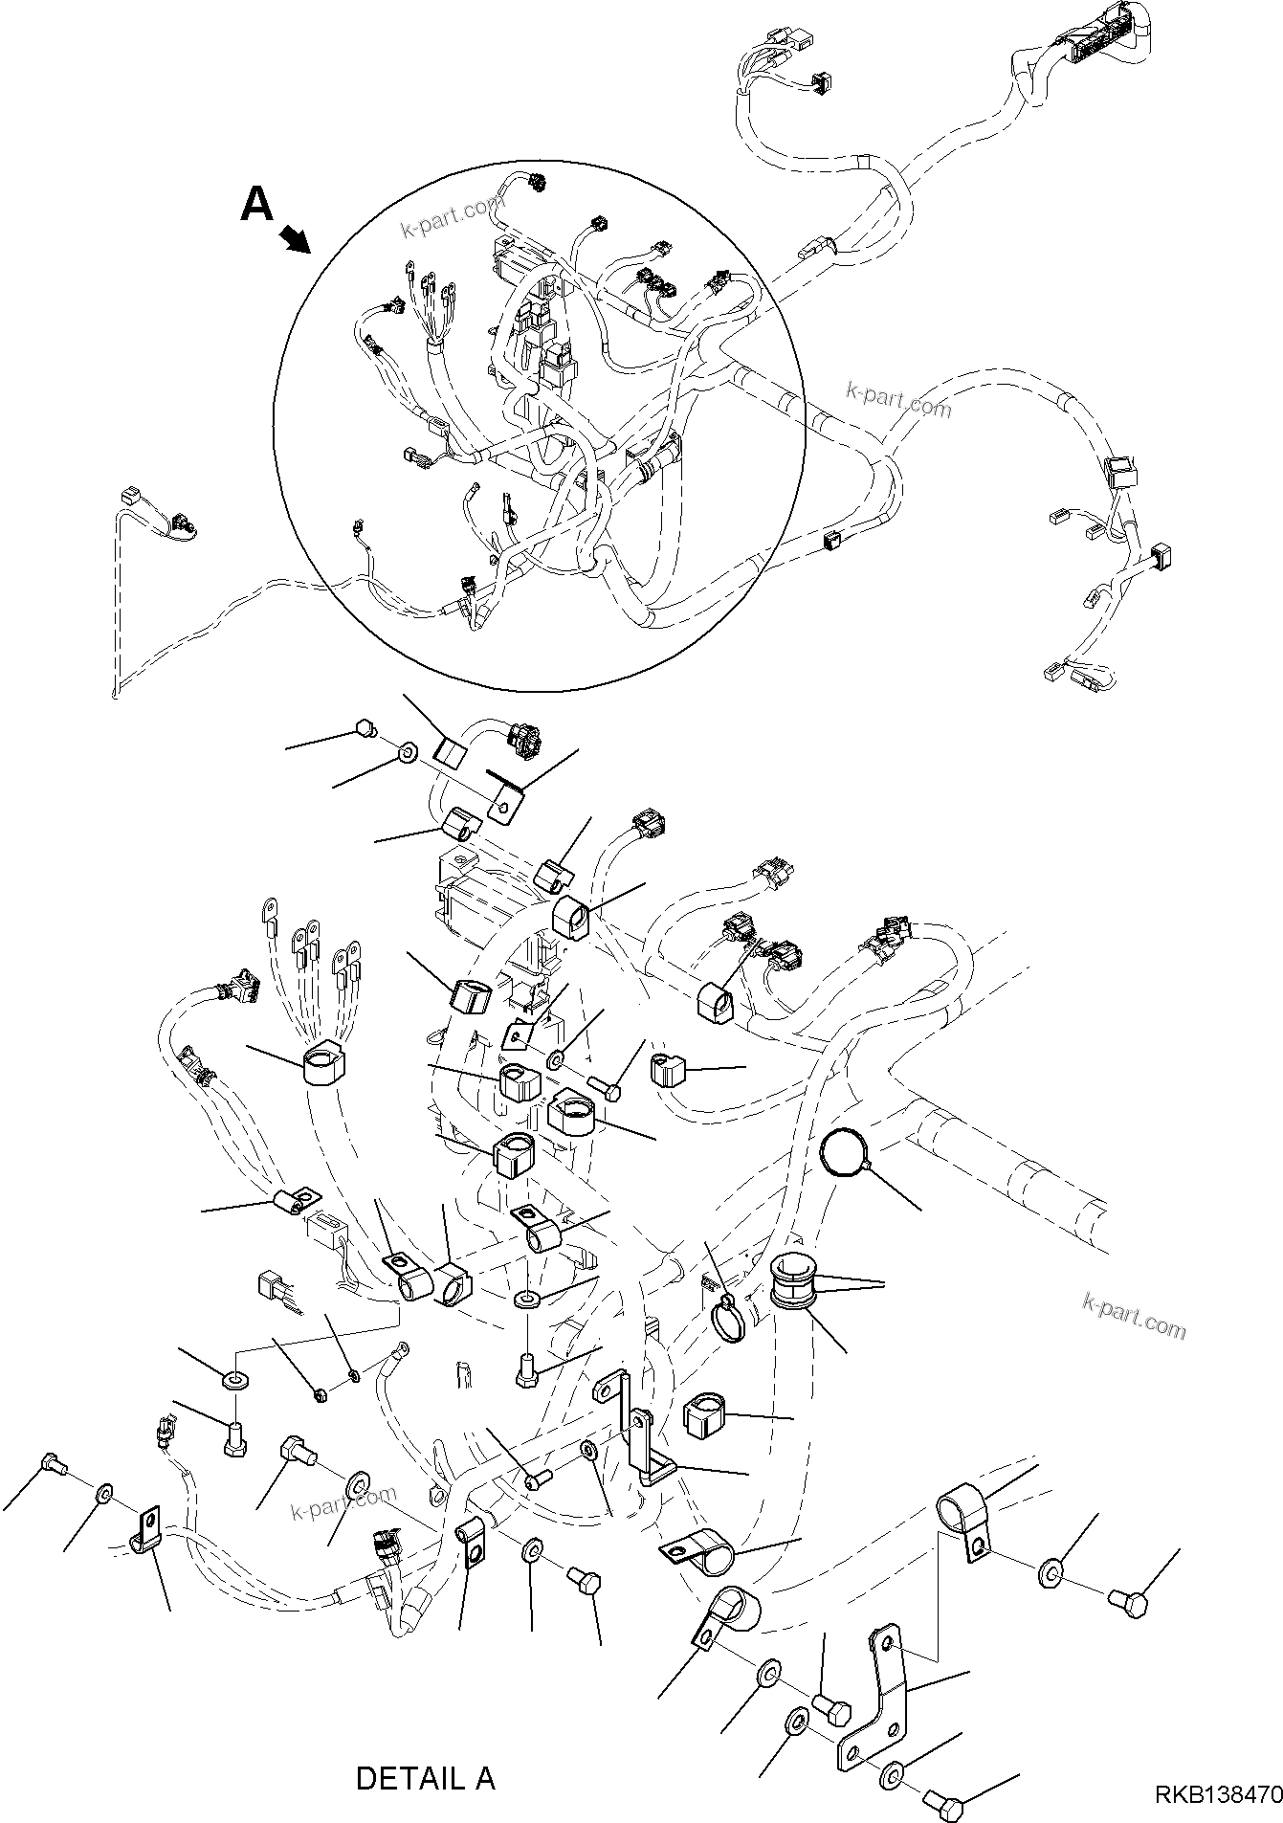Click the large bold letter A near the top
(256, 203)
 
